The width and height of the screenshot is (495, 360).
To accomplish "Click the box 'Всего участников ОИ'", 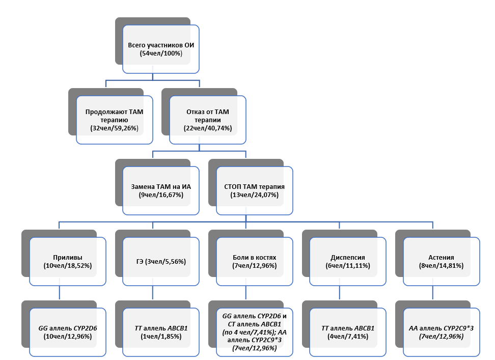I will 160,49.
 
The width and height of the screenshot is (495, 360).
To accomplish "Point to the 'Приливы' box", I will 67,262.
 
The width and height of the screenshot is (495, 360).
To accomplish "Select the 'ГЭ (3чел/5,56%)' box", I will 161,262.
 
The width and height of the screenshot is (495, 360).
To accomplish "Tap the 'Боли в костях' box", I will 255,262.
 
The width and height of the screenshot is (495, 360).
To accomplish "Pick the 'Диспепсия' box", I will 348,262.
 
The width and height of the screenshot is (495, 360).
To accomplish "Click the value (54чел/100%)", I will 161,53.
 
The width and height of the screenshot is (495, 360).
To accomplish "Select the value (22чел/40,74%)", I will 208,128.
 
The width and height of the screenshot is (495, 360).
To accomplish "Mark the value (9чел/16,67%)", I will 161,195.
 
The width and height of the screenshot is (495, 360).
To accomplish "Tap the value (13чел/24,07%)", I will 255,195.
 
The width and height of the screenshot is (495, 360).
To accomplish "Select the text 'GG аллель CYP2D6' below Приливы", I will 67,328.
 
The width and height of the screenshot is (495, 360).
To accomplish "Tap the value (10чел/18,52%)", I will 67,266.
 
